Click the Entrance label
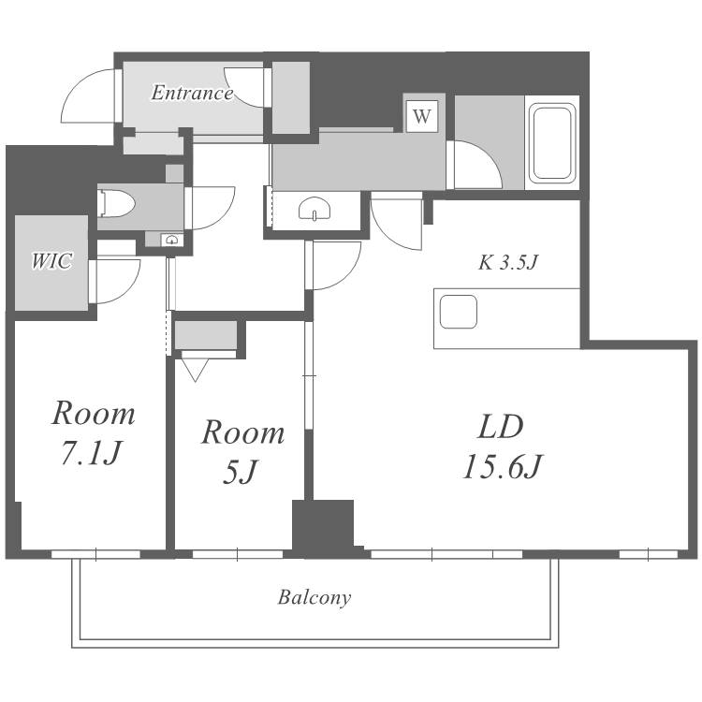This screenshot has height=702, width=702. (x=192, y=93)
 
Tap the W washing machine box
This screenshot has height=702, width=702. (x=422, y=116)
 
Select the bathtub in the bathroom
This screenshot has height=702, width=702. (x=552, y=143)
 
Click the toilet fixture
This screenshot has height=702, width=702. (x=116, y=204)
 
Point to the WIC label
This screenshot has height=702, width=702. (x=51, y=261)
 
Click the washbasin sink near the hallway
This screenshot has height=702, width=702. (x=315, y=209)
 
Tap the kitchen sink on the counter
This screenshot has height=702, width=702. (x=459, y=312)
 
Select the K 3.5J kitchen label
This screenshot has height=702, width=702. (x=507, y=262)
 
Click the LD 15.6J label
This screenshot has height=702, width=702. (x=502, y=446)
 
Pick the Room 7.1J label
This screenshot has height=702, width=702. (x=93, y=433)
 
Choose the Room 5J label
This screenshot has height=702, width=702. (x=242, y=452)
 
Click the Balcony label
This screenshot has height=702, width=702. (x=314, y=598)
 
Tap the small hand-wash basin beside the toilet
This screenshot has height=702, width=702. (x=171, y=240)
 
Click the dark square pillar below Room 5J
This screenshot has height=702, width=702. (x=323, y=525)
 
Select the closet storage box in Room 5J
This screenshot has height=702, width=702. (x=206, y=335)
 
